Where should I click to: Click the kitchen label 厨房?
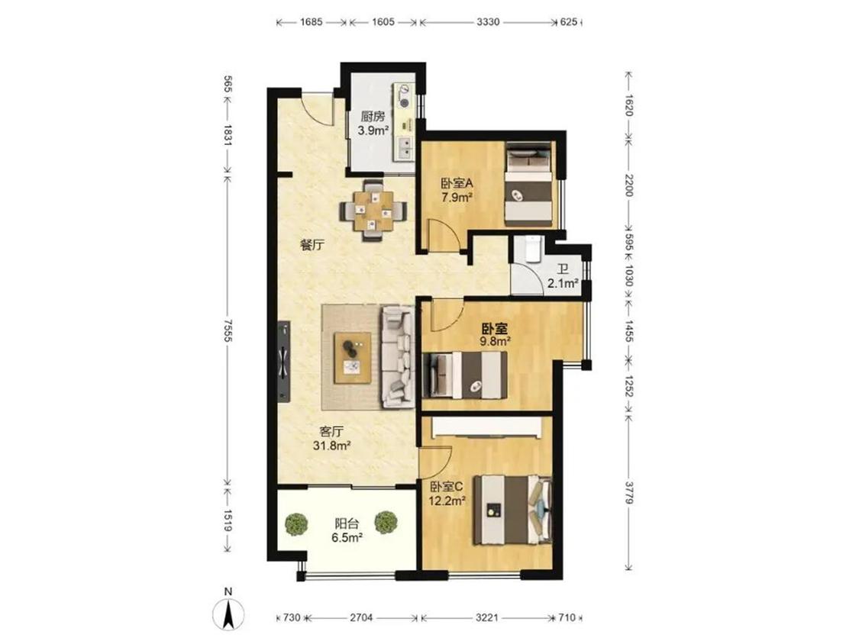373,117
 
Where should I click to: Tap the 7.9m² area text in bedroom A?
457,197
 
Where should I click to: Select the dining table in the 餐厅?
373,211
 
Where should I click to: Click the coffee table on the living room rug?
353,358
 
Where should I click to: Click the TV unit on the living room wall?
284,362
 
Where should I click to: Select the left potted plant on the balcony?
296,523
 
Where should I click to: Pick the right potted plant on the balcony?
386,523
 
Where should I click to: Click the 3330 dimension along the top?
488,22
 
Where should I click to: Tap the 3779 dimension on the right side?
629,494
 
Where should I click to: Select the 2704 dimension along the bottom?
361,618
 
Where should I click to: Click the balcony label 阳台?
347,523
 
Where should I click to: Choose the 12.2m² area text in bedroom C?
447,500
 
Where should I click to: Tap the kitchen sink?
406,147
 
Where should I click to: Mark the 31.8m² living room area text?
332,446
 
